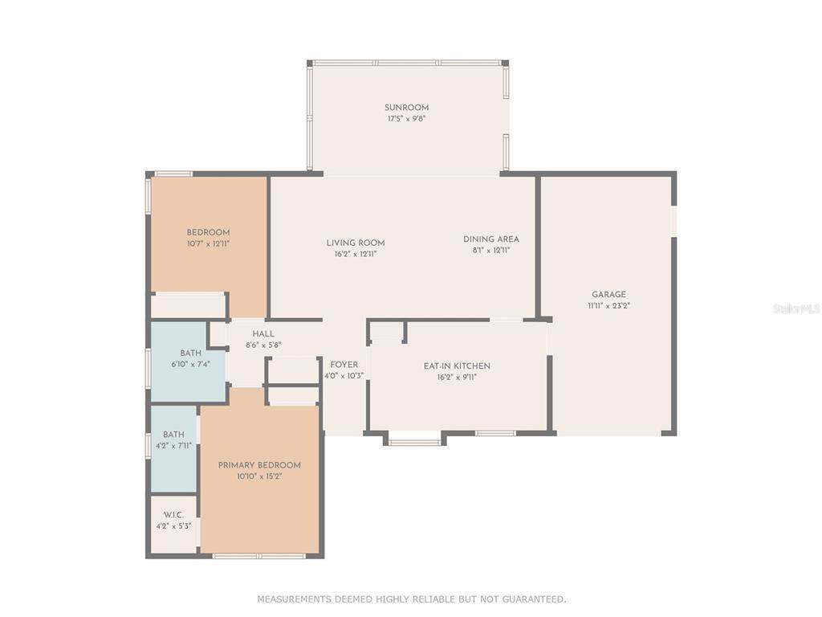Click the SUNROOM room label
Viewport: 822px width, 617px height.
[x=406, y=108]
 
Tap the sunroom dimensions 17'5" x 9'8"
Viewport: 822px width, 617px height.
[x=406, y=119]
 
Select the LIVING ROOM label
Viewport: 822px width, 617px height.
[x=356, y=243]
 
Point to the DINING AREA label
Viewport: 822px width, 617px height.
[x=491, y=239]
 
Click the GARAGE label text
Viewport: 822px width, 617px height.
[x=608, y=295]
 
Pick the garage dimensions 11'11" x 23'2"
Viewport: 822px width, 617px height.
[x=608, y=306]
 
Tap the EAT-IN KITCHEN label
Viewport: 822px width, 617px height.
[x=457, y=366]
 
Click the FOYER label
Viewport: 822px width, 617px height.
[x=344, y=365]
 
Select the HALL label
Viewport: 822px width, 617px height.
[x=263, y=333]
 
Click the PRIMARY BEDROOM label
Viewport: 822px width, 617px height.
[x=259, y=465]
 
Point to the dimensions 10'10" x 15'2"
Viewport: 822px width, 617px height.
[x=259, y=476]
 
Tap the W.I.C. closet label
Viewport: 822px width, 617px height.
[x=173, y=515]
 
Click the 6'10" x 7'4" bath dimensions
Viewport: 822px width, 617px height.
[x=191, y=364]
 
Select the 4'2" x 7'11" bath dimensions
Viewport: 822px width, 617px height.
[x=173, y=446]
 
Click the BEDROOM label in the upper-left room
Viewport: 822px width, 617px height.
[x=208, y=232]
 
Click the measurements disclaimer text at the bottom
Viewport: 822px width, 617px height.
[x=412, y=599]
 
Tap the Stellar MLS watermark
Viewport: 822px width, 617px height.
[x=797, y=309]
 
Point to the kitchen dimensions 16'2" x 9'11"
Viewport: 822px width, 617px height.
[x=457, y=378]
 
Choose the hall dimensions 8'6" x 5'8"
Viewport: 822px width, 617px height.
[x=263, y=345]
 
